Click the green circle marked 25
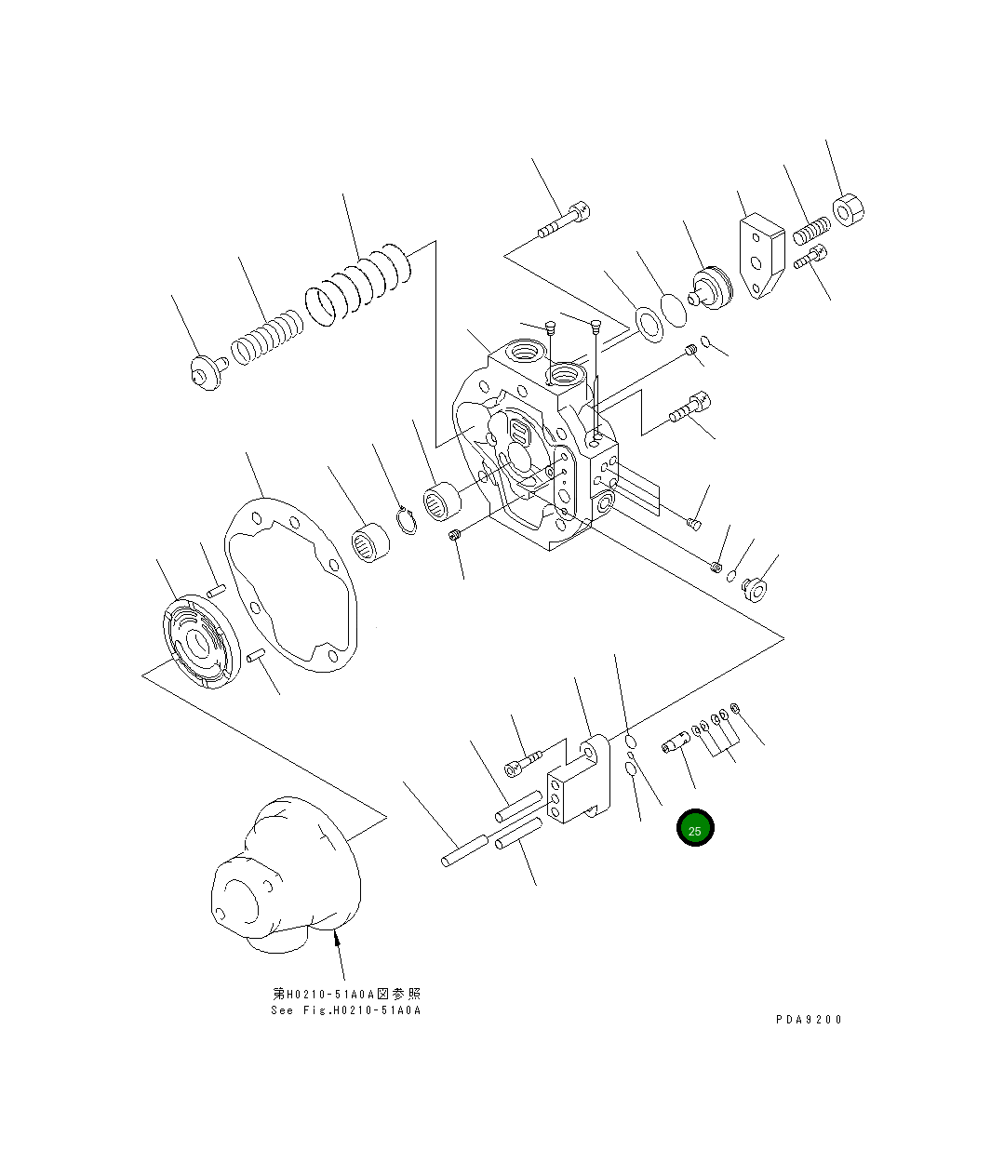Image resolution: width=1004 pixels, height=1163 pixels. coord(695,828)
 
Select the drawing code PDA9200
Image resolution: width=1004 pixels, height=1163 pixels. coord(808,1020)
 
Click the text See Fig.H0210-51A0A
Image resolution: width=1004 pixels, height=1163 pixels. coord(345,1010)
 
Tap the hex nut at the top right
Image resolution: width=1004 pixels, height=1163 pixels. coord(848,210)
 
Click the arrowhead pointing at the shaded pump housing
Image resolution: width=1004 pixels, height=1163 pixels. coord(337,943)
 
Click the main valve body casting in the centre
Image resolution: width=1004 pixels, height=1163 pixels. coord(535,447)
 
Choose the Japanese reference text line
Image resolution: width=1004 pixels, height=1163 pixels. coord(345,995)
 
